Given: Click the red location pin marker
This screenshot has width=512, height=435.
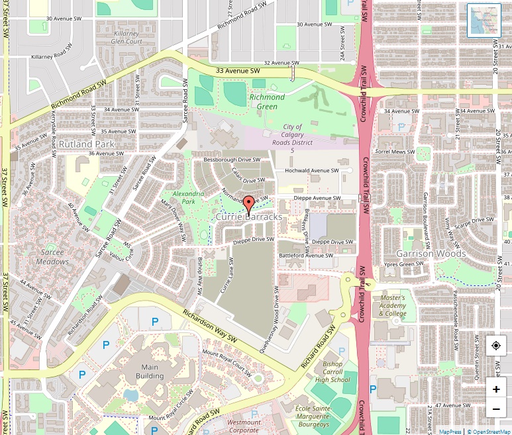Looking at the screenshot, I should click(x=248, y=205).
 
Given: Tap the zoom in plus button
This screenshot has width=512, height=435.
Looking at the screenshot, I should click(x=496, y=389).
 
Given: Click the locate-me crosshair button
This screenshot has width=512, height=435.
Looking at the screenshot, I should click(x=496, y=346).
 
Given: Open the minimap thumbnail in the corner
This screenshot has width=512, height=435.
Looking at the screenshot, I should click(x=484, y=21).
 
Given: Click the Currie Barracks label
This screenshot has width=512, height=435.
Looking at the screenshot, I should click(x=249, y=217).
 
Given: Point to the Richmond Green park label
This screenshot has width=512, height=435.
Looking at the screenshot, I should click(x=267, y=102).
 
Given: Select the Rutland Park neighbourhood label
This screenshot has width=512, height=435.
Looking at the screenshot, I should click(x=87, y=144).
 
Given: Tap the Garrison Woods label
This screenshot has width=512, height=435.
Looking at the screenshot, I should click(x=431, y=254).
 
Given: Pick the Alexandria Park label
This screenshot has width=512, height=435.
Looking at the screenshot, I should click(x=183, y=197).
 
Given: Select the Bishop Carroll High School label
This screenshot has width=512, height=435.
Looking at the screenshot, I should click(x=333, y=372).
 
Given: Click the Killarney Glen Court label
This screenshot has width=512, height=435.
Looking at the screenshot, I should click(x=128, y=37).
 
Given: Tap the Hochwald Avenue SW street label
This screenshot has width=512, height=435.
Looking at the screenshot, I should click(x=311, y=170).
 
